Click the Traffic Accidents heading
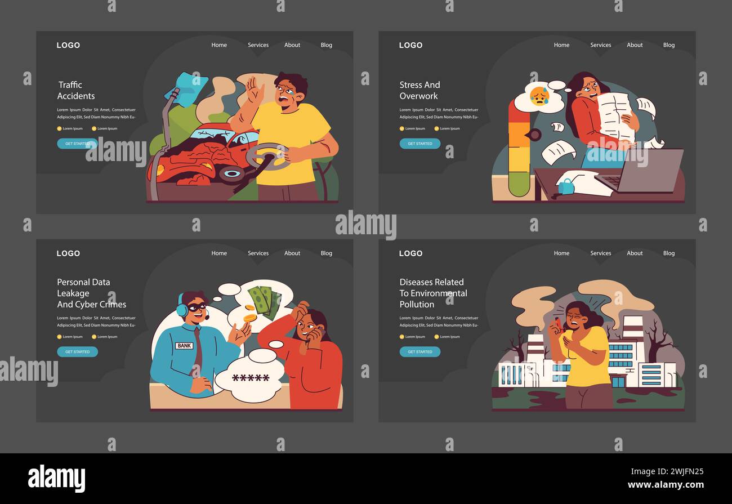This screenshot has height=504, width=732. click(76, 90)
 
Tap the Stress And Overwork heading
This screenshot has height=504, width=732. click(419, 90)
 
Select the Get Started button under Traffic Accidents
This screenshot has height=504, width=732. click(77, 144)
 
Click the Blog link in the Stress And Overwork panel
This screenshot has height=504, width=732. click(669, 45)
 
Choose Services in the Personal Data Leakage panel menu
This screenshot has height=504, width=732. click(258, 253)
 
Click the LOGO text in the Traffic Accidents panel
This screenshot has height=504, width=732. click(68, 45)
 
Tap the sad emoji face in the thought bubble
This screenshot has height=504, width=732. click(539, 96)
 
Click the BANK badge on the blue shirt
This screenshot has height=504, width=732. click(184, 345)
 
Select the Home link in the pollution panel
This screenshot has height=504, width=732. click(561, 253)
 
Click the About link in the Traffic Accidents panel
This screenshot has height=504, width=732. click(292, 45)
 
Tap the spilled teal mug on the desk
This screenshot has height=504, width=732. click(565, 185)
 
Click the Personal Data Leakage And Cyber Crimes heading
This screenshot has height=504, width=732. click(91, 293)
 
